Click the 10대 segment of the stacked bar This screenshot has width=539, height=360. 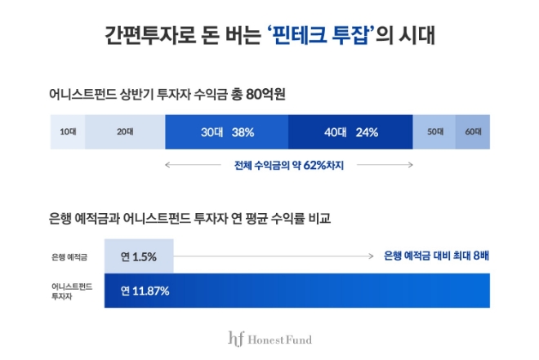tap(67, 131)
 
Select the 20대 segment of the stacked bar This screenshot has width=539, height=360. tap(124, 131)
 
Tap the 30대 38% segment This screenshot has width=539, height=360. tap(226, 131)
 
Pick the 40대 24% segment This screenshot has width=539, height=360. tap(350, 131)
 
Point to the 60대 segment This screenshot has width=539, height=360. tap(473, 131)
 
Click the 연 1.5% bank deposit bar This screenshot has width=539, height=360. tap(139, 256)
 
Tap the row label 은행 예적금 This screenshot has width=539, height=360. tap(68, 256)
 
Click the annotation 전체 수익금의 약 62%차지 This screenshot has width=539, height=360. tap(288, 164)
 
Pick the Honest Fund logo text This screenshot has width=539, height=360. tap(282, 339)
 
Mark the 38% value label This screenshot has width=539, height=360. tap(243, 131)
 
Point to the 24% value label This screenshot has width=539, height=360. tap(367, 131)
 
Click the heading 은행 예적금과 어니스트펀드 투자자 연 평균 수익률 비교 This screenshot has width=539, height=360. tap(189, 219)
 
